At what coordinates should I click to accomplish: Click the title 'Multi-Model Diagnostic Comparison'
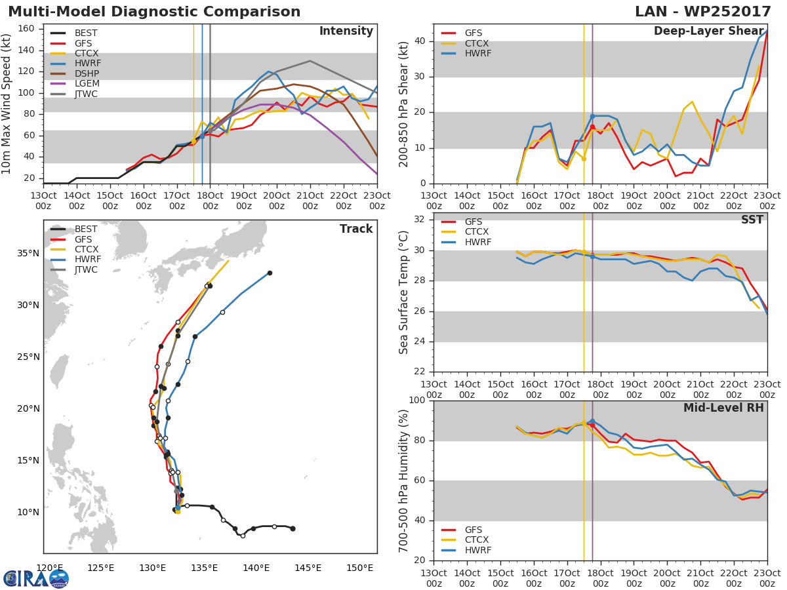154,12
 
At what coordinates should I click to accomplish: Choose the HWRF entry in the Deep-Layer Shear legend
477,53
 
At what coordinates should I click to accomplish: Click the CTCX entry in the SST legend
477,231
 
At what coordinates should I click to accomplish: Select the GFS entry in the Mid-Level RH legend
474,530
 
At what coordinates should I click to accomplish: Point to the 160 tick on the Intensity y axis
30,29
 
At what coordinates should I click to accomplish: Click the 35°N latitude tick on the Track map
28,254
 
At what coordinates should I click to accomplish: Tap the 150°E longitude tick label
359,568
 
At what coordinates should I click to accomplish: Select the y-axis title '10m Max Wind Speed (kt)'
7,104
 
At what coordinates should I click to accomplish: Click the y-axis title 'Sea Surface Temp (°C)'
404,292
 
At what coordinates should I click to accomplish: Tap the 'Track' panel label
356,229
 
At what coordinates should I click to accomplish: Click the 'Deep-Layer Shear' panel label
708,31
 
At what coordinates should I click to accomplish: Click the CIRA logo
36,578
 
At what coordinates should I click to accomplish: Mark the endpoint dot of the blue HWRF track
270,273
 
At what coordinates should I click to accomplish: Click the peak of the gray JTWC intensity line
310,61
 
